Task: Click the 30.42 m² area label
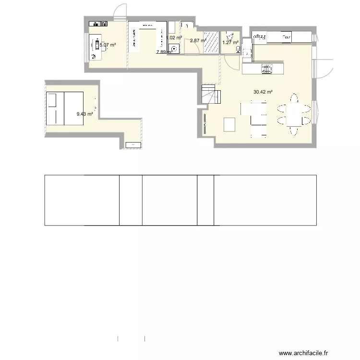[x=263, y=92]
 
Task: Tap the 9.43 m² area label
[x=84, y=114]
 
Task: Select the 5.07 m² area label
[x=108, y=45]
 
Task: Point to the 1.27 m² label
[x=230, y=42]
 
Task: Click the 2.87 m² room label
[x=197, y=41]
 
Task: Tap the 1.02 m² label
[x=174, y=37]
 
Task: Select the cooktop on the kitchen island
[x=267, y=69]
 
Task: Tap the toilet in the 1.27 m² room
[x=230, y=34]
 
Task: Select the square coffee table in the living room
[x=230, y=124]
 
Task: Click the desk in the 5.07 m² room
[x=96, y=47]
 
